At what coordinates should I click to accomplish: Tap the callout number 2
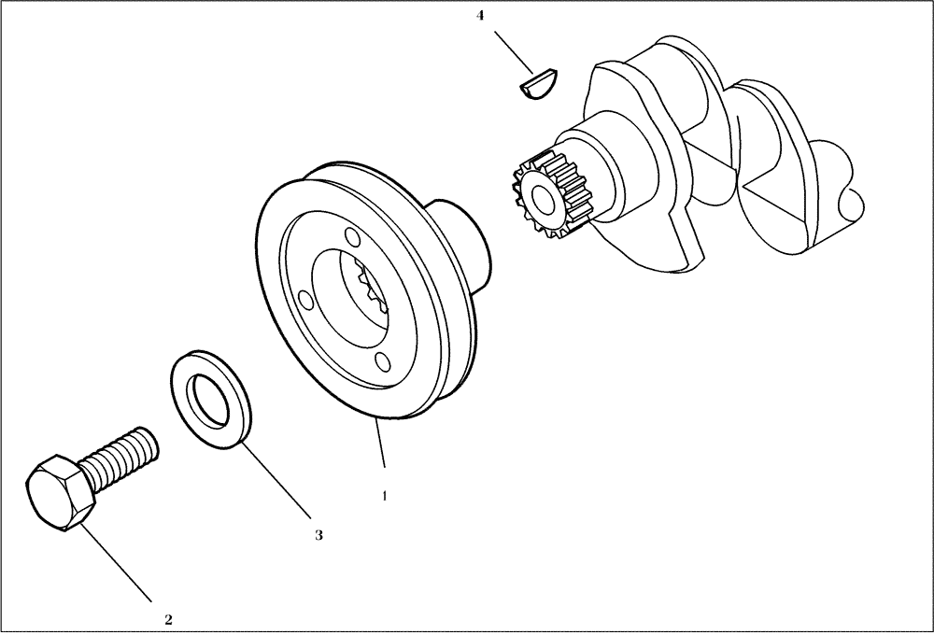(x=168, y=618)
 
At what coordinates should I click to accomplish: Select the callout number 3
(x=318, y=535)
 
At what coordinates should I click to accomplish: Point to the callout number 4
(x=480, y=16)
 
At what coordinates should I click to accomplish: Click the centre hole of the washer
(x=211, y=399)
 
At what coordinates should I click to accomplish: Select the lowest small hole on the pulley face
(x=381, y=361)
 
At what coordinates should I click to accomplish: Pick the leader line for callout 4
(x=514, y=51)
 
